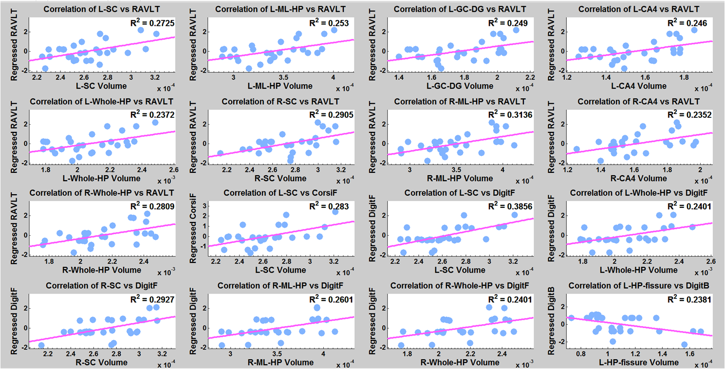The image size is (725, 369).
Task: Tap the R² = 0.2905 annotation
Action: (331, 115)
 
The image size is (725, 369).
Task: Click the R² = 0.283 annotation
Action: (331, 207)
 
